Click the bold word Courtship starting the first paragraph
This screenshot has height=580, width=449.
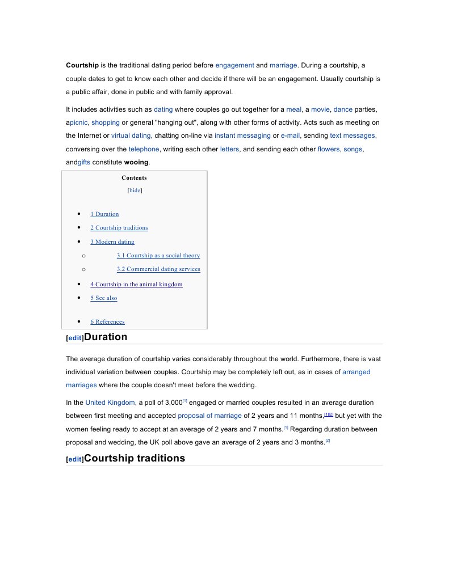(82, 65)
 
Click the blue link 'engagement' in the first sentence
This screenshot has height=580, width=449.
(234, 65)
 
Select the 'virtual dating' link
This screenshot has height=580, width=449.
(131, 136)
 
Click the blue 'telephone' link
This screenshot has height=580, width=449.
(144, 149)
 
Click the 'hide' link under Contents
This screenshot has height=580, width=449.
(135, 190)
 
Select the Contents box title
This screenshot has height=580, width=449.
(134, 177)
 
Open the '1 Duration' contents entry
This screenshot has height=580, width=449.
(104, 214)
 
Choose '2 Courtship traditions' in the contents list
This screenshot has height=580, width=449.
(119, 228)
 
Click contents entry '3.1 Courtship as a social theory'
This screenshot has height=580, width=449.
(158, 256)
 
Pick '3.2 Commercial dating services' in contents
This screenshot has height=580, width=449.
(158, 269)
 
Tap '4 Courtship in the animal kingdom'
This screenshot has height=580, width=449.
(136, 285)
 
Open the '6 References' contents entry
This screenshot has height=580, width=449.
(107, 322)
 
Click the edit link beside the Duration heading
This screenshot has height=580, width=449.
(75, 338)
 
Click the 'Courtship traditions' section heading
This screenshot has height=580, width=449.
(134, 458)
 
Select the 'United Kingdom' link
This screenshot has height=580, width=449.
(110, 403)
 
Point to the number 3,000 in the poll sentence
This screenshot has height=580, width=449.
(171, 403)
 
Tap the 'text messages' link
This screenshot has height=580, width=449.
(352, 136)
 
